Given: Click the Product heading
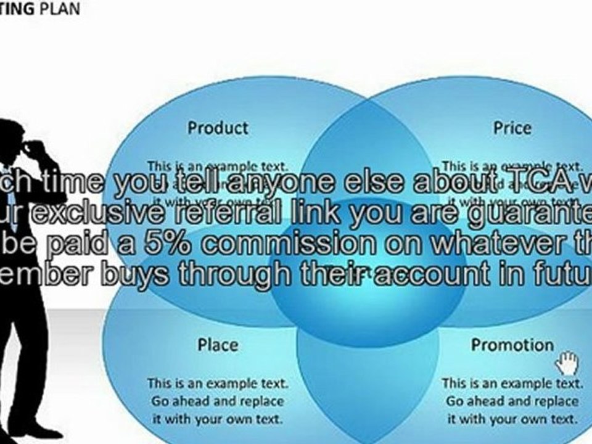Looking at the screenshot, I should tap(218, 128).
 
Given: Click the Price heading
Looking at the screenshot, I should tap(512, 128).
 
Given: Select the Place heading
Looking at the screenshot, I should tap(218, 345).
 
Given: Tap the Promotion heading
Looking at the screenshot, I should tap(512, 345).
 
